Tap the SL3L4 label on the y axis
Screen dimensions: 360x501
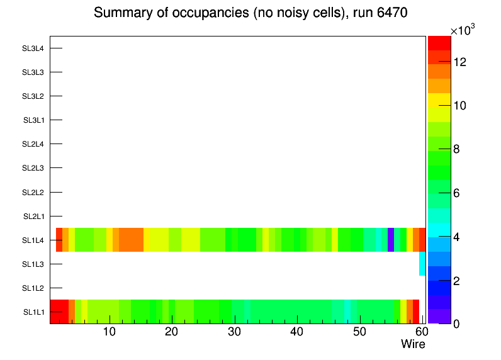pos(33,48)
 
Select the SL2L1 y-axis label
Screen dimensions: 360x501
pos(33,217)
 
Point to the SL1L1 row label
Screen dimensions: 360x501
pos(33,312)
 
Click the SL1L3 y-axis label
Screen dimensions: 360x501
pos(33,264)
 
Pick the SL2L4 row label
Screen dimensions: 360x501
pos(33,145)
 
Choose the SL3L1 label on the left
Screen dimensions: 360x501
pos(33,120)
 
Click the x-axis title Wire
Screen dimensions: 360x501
pos(413,344)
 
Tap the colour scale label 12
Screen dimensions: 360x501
pos(460,62)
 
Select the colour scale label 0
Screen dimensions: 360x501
pos(456,323)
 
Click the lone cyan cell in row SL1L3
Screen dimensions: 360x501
pos(422,264)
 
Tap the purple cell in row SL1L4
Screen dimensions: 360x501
pos(391,240)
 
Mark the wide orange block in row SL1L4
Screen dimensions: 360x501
pos(131,240)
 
